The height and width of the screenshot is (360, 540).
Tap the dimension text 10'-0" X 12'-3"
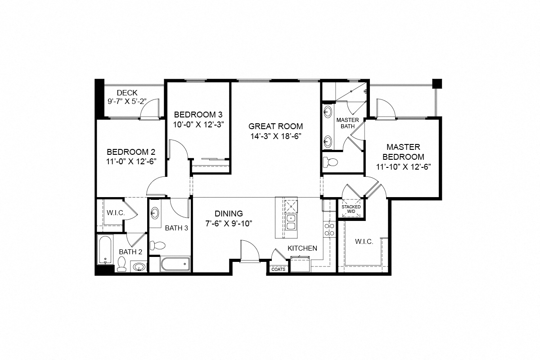click(x=198, y=124)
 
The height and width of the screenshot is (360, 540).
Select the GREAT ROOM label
click(x=275, y=126)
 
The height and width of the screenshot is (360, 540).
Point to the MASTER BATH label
click(x=348, y=123)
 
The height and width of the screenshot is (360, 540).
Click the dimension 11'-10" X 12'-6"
click(x=404, y=166)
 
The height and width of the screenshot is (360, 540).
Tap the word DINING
click(x=228, y=214)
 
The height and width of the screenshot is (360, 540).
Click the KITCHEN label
click(x=302, y=248)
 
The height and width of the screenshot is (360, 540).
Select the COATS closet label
click(x=278, y=269)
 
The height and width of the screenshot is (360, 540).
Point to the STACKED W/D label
click(x=351, y=209)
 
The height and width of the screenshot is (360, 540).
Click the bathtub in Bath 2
click(x=104, y=251)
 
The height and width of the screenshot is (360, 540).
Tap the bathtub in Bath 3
click(x=175, y=264)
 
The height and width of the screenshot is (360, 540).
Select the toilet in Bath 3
click(x=158, y=245)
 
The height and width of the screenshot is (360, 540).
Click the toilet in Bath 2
click(x=121, y=264)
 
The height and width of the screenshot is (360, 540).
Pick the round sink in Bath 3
click(x=155, y=213)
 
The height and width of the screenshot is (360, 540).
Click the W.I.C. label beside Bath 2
click(x=115, y=213)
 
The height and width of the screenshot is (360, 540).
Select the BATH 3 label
click(x=176, y=228)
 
